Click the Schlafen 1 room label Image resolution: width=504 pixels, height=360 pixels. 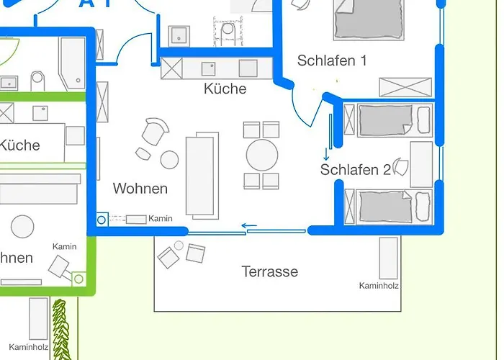click(x=332, y=61)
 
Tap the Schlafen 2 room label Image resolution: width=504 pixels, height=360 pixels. click(x=355, y=170)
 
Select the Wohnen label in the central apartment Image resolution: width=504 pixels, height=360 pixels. click(x=140, y=189)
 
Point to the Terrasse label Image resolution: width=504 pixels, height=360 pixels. click(x=270, y=271)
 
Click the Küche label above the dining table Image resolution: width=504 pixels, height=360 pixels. click(x=225, y=89)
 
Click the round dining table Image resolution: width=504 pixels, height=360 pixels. click(x=261, y=154)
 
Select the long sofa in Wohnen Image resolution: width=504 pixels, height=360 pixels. click(x=202, y=175)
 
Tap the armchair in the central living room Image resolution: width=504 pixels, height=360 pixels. click(x=155, y=131)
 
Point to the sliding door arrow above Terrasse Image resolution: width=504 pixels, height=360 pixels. click(x=249, y=227)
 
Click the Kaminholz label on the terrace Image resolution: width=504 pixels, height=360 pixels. click(x=379, y=286)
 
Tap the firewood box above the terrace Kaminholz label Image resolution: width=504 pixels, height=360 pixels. click(x=389, y=258)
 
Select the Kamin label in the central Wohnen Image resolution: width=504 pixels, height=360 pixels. click(x=161, y=219)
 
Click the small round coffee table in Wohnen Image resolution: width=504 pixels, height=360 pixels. click(x=169, y=159)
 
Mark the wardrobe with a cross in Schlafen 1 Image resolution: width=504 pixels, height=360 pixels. click(x=405, y=87)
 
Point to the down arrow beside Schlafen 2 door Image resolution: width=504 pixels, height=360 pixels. click(x=326, y=153)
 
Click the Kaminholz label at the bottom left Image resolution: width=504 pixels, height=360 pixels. click(x=29, y=346)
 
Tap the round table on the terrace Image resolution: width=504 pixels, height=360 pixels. click(x=179, y=246)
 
